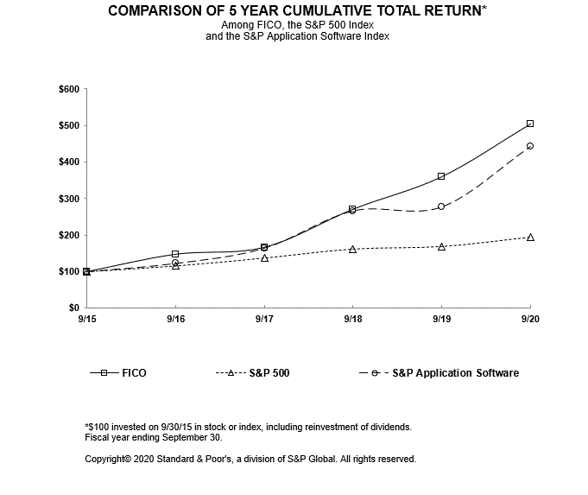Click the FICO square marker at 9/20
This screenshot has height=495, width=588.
(529, 124)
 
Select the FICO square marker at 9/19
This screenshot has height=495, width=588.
(441, 176)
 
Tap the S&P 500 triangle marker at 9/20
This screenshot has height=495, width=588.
(529, 237)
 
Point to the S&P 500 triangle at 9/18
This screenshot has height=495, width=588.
(352, 249)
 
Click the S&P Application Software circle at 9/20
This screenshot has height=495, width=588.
(529, 146)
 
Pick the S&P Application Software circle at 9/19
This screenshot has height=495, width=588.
(441, 206)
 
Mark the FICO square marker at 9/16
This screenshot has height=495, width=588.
(175, 254)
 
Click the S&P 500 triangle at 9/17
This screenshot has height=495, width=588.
(264, 257)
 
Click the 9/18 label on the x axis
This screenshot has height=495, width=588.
(352, 319)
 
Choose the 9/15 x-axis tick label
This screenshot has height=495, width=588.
(86, 319)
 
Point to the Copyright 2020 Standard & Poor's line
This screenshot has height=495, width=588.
(250, 459)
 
